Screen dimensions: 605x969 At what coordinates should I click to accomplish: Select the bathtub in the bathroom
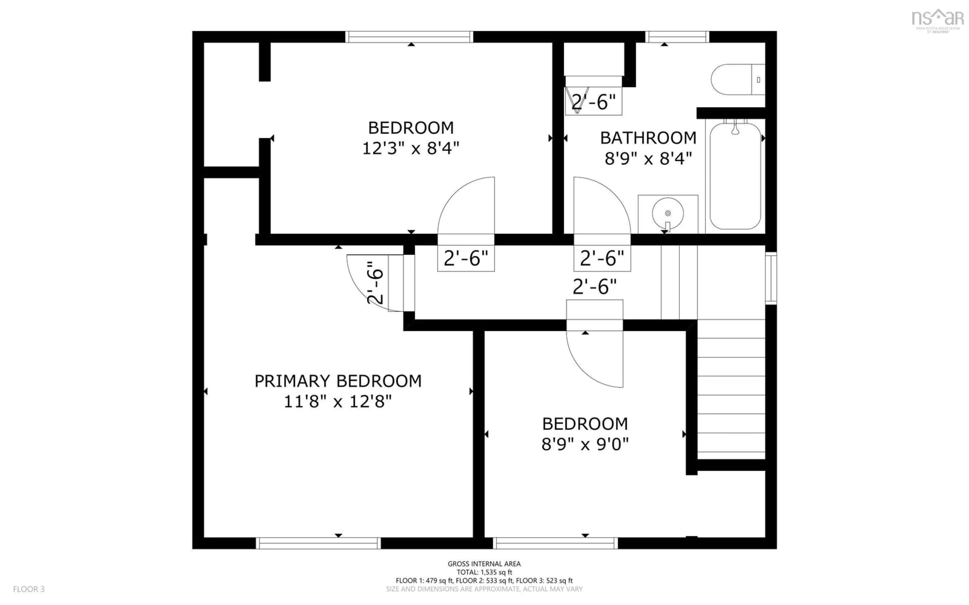tap(735, 176)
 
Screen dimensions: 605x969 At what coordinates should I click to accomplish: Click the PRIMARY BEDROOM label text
tap(338, 381)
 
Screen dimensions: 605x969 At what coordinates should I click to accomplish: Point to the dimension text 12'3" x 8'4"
tap(410, 148)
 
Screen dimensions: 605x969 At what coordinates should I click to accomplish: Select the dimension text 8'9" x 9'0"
tap(585, 444)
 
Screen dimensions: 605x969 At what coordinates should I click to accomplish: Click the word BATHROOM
tap(648, 138)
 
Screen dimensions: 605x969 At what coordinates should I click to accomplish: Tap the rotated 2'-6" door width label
tap(375, 283)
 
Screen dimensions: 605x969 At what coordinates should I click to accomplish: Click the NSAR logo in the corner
tap(937, 19)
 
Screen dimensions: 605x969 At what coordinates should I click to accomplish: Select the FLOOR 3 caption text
tap(29, 589)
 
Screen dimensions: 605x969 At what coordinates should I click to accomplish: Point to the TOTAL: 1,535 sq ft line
tap(484, 572)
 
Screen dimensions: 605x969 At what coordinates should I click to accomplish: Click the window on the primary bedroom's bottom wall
tap(318, 543)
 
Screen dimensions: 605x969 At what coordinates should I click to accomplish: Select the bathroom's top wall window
tap(677, 37)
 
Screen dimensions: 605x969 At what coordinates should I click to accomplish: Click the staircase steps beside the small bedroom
tap(731, 394)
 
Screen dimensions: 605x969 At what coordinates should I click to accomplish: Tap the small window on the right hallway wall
tap(771, 278)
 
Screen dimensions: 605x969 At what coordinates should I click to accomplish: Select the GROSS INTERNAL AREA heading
tap(484, 564)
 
